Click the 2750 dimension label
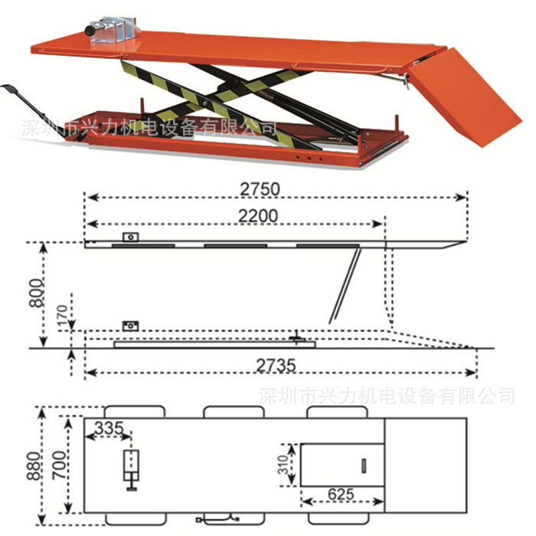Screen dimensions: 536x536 tap(260, 188)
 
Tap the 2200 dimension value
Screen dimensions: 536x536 tap(258, 216)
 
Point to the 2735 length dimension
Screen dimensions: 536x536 tap(276, 365)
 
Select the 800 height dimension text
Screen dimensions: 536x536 tap(36, 293)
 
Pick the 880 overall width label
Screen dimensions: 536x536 tap(34, 466)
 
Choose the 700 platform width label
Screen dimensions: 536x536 tap(59, 465)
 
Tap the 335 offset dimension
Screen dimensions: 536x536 tap(109, 427)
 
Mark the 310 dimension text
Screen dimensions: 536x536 tap(283, 465)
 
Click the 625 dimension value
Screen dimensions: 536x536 tap(341, 495)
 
